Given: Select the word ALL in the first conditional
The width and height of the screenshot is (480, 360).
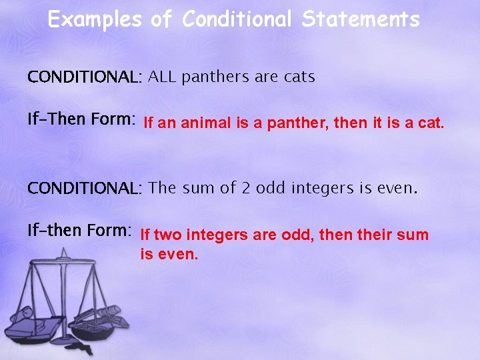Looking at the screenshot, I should [x=162, y=77].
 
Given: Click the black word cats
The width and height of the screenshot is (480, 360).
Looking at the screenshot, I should [x=299, y=77].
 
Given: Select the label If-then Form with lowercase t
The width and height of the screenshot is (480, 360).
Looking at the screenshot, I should [x=79, y=231].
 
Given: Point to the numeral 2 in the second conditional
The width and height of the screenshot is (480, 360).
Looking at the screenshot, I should [x=245, y=188].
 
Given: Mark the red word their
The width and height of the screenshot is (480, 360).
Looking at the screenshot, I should [x=375, y=235].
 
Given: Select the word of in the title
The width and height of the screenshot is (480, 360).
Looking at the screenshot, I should [x=161, y=19].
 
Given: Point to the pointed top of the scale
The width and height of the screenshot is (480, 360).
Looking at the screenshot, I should [x=64, y=251].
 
